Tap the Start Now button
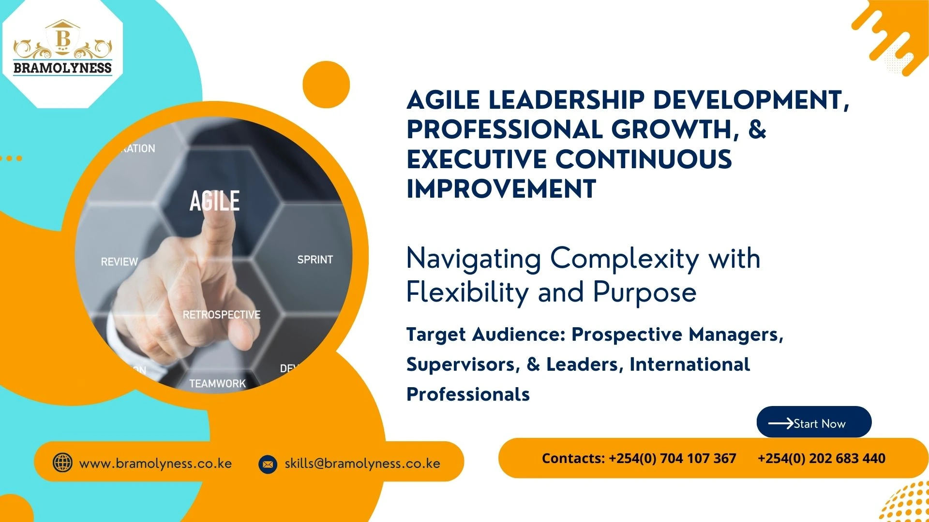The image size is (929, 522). [x=814, y=423]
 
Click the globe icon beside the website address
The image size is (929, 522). [x=62, y=463]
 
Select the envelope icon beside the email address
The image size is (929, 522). [x=268, y=464]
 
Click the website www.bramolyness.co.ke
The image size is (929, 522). [x=155, y=464]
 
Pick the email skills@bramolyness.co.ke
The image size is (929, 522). [x=362, y=464]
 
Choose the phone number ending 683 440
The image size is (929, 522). [x=821, y=458]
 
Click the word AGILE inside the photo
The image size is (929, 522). [x=214, y=201]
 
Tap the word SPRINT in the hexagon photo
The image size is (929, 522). [x=315, y=260]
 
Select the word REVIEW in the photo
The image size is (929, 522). [x=120, y=262]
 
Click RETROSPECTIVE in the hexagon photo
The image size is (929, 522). [x=221, y=315]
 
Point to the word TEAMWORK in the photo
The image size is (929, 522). [x=217, y=383]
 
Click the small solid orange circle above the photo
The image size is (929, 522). [x=326, y=85]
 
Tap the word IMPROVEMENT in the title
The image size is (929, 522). [x=501, y=189]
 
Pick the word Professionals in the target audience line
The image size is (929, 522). [x=468, y=394]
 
